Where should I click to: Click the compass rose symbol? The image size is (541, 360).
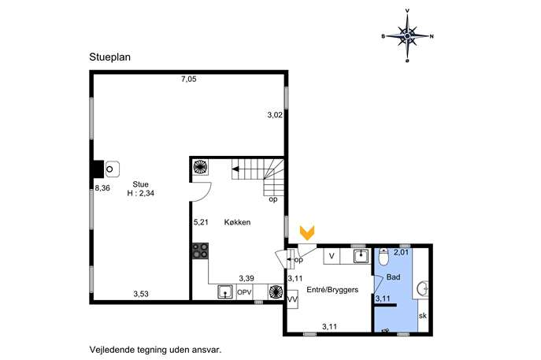pyautogui.click(x=407, y=35)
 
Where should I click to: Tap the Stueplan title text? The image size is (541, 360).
pyautogui.click(x=109, y=57)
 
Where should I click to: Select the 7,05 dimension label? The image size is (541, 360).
pyautogui.click(x=189, y=79)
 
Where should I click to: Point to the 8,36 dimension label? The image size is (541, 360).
pyautogui.click(x=102, y=188)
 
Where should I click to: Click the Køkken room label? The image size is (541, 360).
pyautogui.click(x=237, y=222)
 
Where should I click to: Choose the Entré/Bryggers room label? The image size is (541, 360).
pyautogui.click(x=332, y=290)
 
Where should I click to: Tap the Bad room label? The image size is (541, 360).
pyautogui.click(x=393, y=276)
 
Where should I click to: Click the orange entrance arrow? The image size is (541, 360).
pyautogui.click(x=307, y=233)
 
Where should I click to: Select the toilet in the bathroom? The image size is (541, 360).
pyautogui.click(x=384, y=257)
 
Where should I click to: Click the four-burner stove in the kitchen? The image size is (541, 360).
pyautogui.click(x=200, y=251)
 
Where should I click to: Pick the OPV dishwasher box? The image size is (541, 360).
pyautogui.click(x=244, y=293)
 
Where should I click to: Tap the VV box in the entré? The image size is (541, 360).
pyautogui.click(x=293, y=299)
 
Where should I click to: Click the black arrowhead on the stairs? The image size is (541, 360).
pyautogui.click(x=235, y=169)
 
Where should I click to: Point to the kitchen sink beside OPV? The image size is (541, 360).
pyautogui.click(x=226, y=292)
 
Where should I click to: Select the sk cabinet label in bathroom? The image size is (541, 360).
pyautogui.click(x=423, y=316)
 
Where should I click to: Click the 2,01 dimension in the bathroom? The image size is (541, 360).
pyautogui.click(x=402, y=252)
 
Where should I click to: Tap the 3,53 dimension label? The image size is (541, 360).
pyautogui.click(x=141, y=294)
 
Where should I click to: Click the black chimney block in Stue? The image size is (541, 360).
pyautogui.click(x=98, y=169)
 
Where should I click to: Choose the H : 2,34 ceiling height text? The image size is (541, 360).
pyautogui.click(x=141, y=193)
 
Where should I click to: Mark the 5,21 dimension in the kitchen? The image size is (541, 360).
pyautogui.click(x=201, y=222)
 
